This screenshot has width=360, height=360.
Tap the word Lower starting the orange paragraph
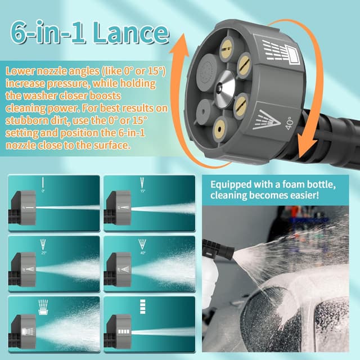coord(21,72)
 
